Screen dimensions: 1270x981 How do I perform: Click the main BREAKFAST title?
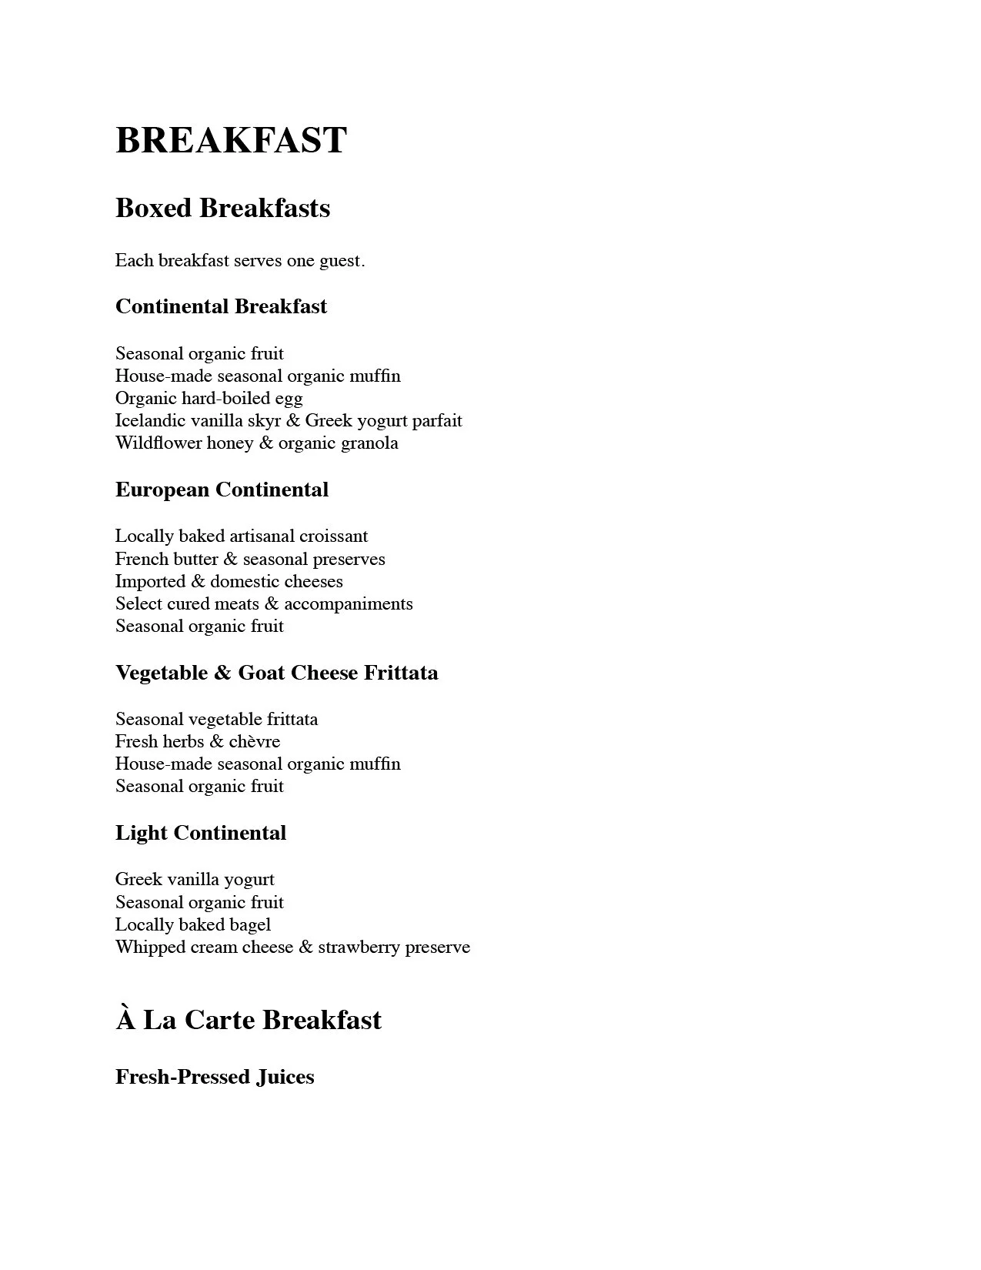[x=231, y=141]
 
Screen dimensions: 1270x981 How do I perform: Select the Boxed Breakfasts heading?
[x=222, y=208]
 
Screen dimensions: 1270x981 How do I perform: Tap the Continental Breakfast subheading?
[x=221, y=306]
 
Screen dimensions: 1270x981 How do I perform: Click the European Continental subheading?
[x=222, y=490]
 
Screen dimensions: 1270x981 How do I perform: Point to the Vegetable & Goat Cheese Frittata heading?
[x=276, y=673]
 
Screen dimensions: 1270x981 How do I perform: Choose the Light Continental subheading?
[x=200, y=833]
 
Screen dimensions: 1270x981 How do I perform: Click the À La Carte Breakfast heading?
[x=249, y=1020]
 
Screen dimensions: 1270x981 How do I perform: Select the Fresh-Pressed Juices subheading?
[x=215, y=1076]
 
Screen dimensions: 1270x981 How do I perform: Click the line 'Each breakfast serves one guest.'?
[x=240, y=261]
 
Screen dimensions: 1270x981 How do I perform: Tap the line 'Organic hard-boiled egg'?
[x=209, y=398]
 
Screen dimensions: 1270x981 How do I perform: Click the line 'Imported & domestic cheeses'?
[x=229, y=581]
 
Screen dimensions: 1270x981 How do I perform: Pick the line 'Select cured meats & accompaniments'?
[x=264, y=603]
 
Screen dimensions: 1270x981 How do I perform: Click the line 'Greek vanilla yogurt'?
[x=195, y=879]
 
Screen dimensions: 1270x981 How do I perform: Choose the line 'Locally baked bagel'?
[x=193, y=924]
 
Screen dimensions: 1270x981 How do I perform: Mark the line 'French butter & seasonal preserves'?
[x=250, y=559]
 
